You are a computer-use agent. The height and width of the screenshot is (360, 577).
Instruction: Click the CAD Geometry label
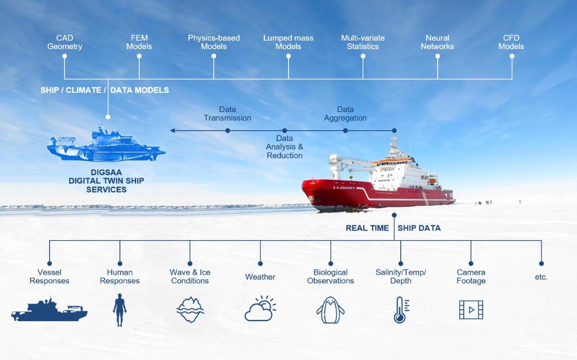click(64, 42)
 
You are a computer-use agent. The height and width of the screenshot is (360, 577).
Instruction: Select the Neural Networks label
click(437, 42)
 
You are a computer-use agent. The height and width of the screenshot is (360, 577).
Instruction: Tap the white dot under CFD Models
click(512, 56)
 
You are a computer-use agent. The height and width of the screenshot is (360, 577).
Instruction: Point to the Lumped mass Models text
click(288, 42)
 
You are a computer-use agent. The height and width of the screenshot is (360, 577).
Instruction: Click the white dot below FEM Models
click(139, 56)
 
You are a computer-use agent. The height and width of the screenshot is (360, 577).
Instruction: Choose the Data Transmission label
click(228, 114)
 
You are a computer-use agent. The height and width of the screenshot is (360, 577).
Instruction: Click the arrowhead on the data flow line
click(173, 131)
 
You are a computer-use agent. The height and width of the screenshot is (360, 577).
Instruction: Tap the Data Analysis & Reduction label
click(284, 147)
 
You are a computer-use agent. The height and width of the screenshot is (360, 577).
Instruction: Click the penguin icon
click(330, 310)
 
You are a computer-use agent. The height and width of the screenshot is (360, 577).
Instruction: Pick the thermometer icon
click(401, 310)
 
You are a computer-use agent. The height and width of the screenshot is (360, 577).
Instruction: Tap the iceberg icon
click(190, 310)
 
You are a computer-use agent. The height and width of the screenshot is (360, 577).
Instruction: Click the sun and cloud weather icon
click(260, 308)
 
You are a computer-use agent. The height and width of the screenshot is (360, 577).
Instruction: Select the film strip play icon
click(471, 310)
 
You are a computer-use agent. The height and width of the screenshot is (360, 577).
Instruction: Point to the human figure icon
click(119, 310)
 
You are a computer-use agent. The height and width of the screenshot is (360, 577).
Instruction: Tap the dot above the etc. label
click(541, 264)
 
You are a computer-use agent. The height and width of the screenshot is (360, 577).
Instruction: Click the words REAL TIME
click(367, 228)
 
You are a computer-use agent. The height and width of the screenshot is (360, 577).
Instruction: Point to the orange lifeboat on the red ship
click(432, 181)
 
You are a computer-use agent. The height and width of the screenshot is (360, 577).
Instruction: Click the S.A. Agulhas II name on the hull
click(343, 188)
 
